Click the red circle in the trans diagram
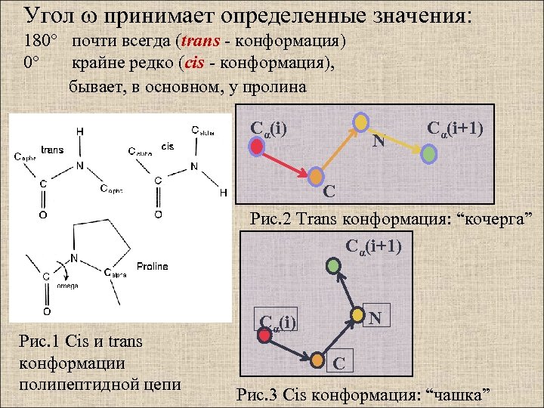[x=256, y=148]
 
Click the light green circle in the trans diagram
[x=429, y=154]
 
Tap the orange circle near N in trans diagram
[x=362, y=122]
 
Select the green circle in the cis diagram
[x=334, y=265]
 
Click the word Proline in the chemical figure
[x=153, y=266]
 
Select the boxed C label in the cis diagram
[x=339, y=364]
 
